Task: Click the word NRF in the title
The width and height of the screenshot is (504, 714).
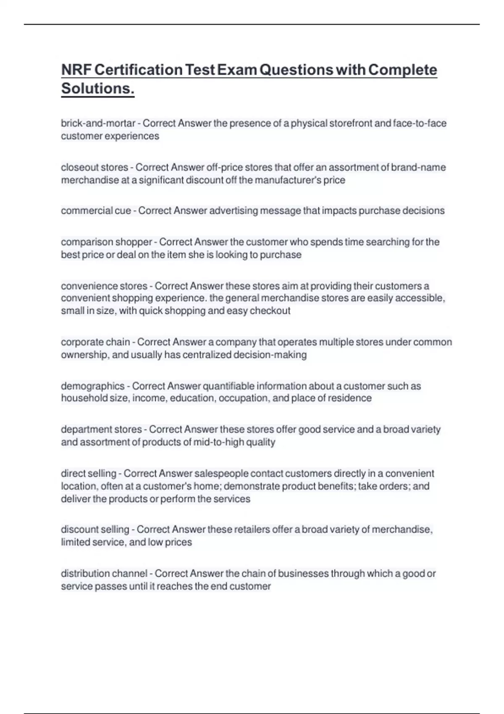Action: pyautogui.click(x=76, y=70)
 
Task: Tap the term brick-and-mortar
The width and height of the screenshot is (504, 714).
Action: pyautogui.click(x=98, y=123)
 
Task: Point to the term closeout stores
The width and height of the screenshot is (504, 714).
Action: pyautogui.click(x=94, y=168)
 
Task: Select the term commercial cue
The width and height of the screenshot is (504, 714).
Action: pyautogui.click(x=96, y=211)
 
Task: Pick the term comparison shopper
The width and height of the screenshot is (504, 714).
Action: pyautogui.click(x=107, y=242)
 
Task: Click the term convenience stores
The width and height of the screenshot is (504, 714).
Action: pyautogui.click(x=104, y=286)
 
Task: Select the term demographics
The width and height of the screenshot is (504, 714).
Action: pyautogui.click(x=93, y=386)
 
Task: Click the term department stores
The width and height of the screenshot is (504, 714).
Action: pyautogui.click(x=101, y=430)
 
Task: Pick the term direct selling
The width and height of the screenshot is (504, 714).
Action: pyautogui.click(x=89, y=474)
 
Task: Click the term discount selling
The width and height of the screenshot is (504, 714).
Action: pyautogui.click(x=95, y=530)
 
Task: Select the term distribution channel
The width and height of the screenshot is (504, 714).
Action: pyautogui.click(x=104, y=574)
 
